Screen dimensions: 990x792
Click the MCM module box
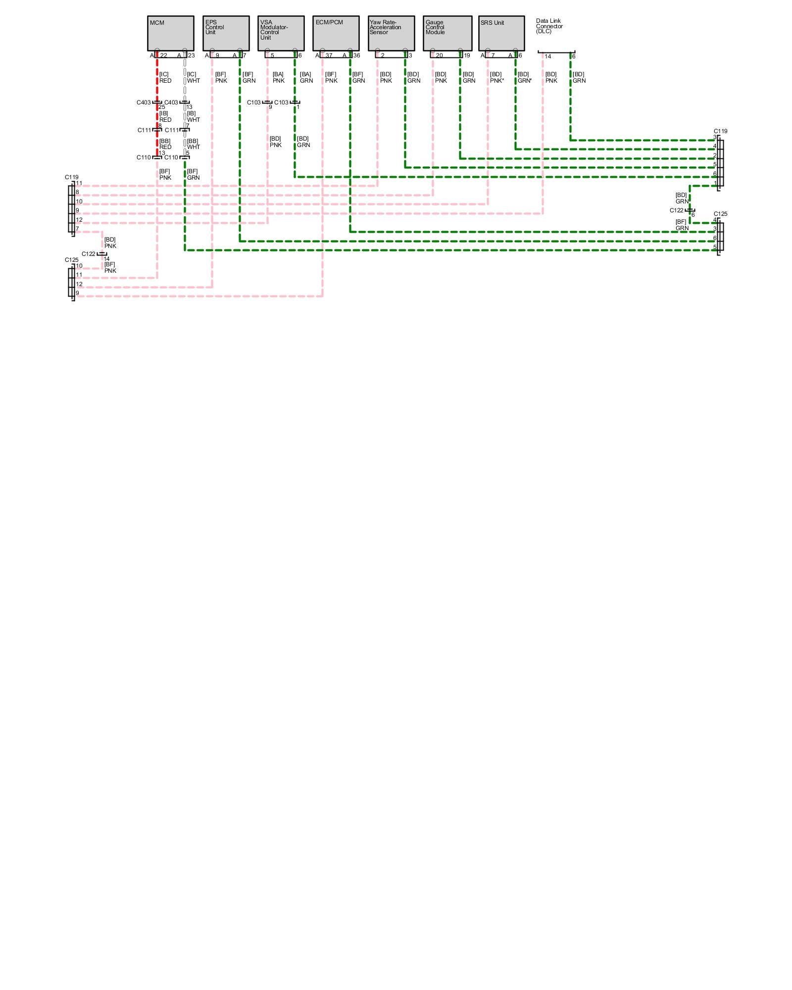click(170, 33)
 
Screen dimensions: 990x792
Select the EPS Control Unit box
click(226, 33)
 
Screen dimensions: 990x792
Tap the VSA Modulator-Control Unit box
click(281, 33)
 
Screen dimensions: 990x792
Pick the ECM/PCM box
click(336, 33)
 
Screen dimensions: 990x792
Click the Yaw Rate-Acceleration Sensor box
click(391, 33)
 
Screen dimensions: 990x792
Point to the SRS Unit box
click(501, 33)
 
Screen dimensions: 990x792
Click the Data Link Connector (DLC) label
click(549, 26)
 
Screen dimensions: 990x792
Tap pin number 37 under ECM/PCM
click(329, 56)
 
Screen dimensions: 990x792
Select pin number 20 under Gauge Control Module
click(439, 56)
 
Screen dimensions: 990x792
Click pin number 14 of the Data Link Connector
click(548, 56)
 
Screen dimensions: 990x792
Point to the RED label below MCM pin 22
click(165, 81)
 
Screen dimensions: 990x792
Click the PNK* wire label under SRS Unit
click(497, 81)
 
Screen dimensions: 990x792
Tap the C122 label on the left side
click(88, 254)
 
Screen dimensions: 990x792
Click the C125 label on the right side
click(720, 214)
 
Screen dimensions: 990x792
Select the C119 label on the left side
click(71, 177)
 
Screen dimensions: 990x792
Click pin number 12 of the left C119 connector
click(79, 220)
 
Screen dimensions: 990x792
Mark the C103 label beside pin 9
click(253, 102)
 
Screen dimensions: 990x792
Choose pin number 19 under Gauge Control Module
click(467, 56)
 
